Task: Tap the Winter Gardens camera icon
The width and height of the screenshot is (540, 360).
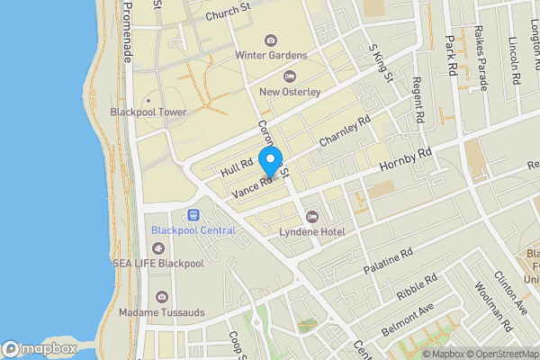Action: click(x=271, y=40)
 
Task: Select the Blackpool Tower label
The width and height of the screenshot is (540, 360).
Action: click(x=148, y=112)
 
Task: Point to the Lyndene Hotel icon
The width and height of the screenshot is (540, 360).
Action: click(x=312, y=216)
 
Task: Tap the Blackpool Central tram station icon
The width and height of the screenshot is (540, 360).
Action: click(x=193, y=215)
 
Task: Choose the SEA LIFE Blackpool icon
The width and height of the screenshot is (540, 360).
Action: click(x=161, y=247)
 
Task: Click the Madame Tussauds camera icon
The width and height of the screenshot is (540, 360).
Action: click(x=161, y=296)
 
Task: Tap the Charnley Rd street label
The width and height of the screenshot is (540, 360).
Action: click(x=345, y=131)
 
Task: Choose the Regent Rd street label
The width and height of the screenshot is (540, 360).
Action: click(x=418, y=100)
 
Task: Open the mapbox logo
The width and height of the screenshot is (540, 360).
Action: click(x=39, y=348)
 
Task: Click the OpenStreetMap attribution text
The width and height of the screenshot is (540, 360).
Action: click(x=502, y=353)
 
